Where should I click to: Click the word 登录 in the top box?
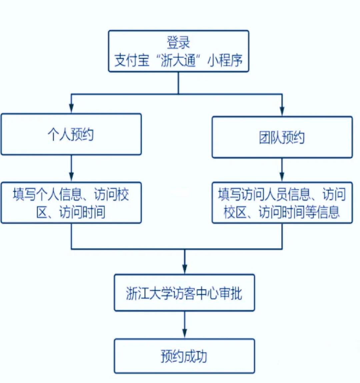tap(178, 43)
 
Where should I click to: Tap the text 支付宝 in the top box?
tap(132, 61)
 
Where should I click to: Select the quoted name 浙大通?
tap(178, 61)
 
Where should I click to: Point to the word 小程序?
tap(225, 61)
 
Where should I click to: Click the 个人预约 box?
tap(71, 134)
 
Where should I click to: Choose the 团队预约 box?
tap(282, 137)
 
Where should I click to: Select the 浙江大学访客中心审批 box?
tap(184, 293)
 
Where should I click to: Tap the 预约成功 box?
tap(184, 356)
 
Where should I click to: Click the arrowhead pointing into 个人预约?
tap(71, 108)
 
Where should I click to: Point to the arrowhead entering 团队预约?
tap(282, 111)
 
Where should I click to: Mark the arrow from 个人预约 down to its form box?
tap(71, 168)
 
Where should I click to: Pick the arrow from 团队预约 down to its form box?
tap(282, 170)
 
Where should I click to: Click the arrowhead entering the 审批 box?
tap(185, 268)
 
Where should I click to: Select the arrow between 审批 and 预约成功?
tap(185, 325)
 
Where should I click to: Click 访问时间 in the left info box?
tap(82, 212)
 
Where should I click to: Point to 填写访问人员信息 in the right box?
tap(264, 194)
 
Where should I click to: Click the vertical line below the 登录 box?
tap(178, 83)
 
